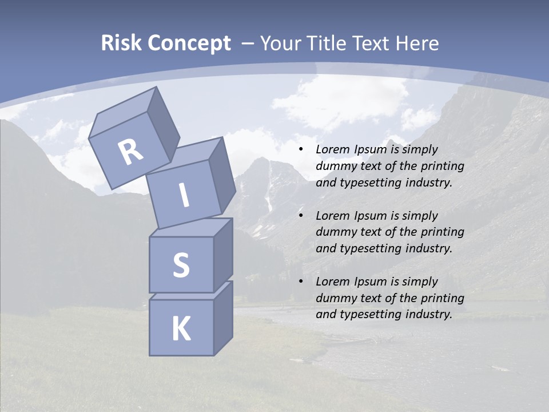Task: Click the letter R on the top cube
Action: [x=130, y=152]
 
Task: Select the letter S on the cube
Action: [x=181, y=265]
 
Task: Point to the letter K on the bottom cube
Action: [x=181, y=329]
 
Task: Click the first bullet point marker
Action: [x=301, y=150]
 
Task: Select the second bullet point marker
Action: [x=301, y=216]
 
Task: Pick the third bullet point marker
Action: [x=301, y=282]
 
